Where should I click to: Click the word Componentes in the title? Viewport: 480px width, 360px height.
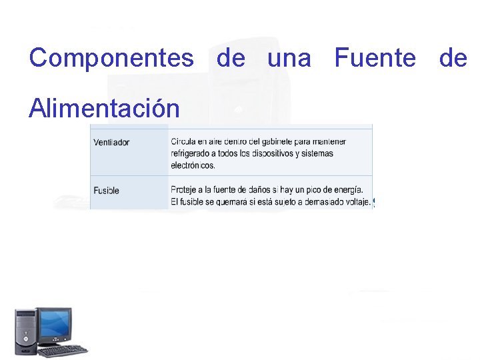click(x=111, y=59)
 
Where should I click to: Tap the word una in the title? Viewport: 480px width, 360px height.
click(x=289, y=59)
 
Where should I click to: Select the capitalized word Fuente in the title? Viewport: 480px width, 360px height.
click(x=375, y=59)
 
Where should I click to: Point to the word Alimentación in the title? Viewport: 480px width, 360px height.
click(x=104, y=107)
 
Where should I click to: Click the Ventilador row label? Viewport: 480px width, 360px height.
click(x=111, y=142)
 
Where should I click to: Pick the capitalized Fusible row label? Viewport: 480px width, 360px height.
click(x=107, y=191)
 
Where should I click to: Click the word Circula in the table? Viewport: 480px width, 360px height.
click(x=184, y=141)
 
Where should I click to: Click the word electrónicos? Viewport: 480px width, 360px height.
click(x=193, y=165)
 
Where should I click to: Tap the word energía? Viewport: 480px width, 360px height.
click(x=347, y=189)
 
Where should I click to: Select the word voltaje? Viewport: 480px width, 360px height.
click(x=355, y=201)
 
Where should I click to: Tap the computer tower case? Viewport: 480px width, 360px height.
click(x=26, y=331)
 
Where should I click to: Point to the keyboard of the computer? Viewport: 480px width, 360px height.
click(x=63, y=350)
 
